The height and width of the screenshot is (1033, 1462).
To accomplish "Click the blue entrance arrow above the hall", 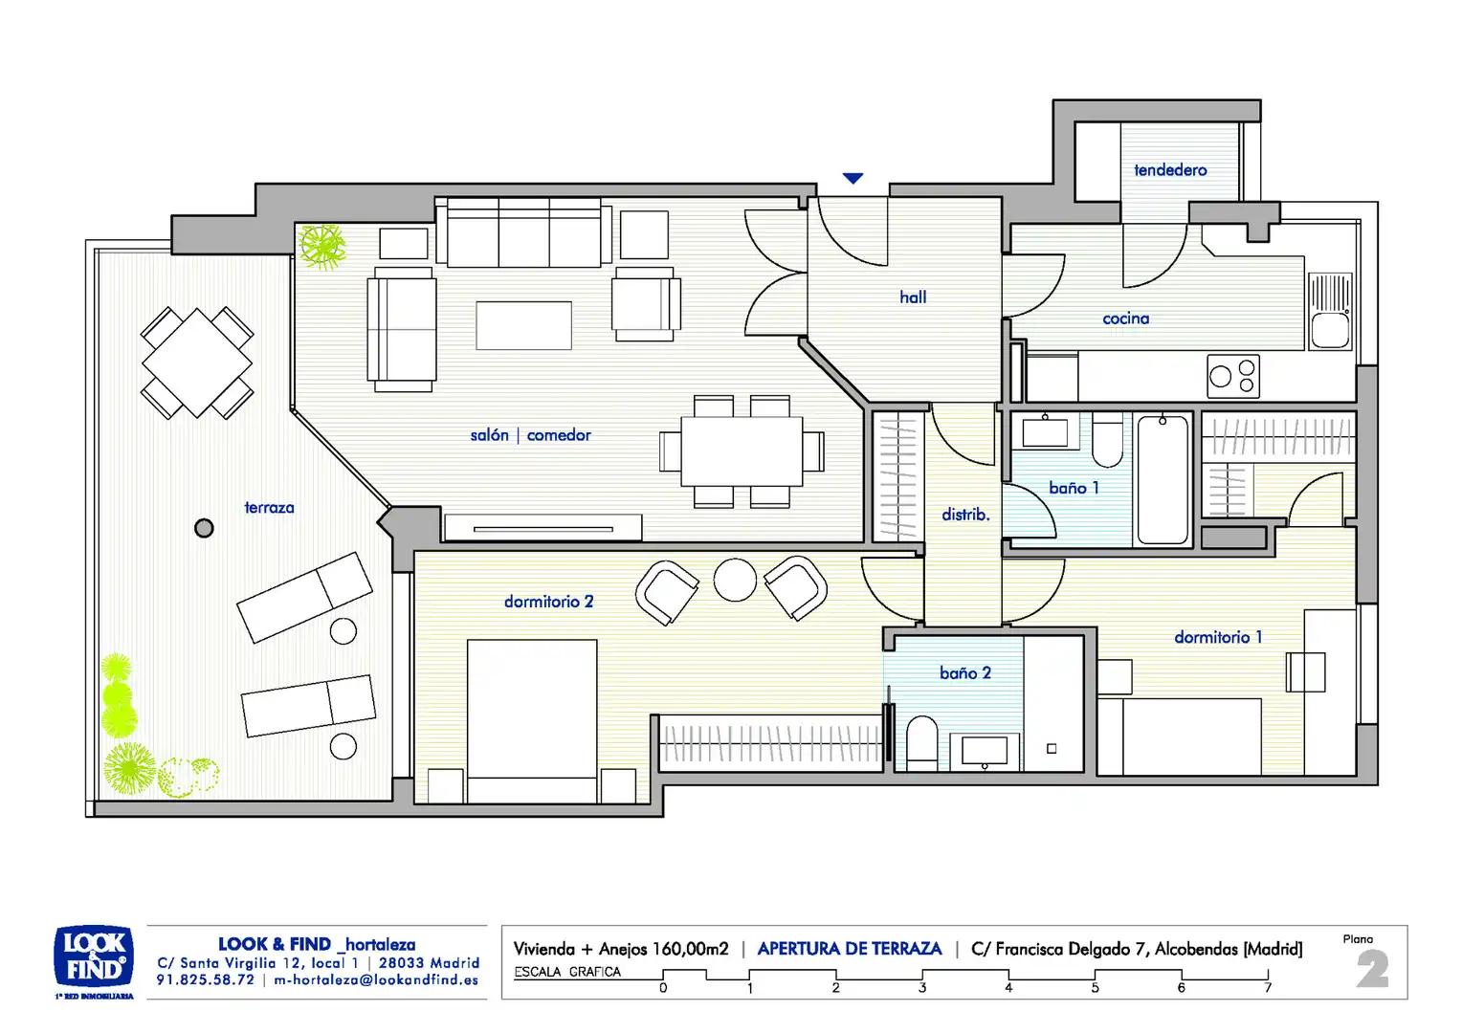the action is pyautogui.click(x=853, y=178).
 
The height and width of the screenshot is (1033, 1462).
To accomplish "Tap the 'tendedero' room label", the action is pyautogui.click(x=1170, y=170).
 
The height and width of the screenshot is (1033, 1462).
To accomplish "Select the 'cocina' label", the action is pyautogui.click(x=1126, y=319).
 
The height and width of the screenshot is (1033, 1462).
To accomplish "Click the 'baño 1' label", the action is pyautogui.click(x=1074, y=488).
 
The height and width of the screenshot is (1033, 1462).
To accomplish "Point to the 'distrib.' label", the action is pyautogui.click(x=965, y=515).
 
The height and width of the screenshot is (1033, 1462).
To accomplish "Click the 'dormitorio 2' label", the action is pyautogui.click(x=548, y=601).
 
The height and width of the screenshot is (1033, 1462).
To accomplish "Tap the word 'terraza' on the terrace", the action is pyautogui.click(x=269, y=507).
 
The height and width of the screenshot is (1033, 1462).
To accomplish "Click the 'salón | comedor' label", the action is pyautogui.click(x=531, y=434).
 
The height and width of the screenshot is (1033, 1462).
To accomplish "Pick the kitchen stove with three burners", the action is pyautogui.click(x=1233, y=376).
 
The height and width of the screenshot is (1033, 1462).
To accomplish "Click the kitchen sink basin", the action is pyautogui.click(x=1330, y=330).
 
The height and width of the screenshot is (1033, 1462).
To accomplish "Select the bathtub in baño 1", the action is pyautogui.click(x=1163, y=479).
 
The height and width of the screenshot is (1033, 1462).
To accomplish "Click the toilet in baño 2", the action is pyautogui.click(x=921, y=739).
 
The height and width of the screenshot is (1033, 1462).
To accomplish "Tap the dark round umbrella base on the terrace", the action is pyautogui.click(x=204, y=528).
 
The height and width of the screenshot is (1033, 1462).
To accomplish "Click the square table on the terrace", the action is pyautogui.click(x=197, y=363).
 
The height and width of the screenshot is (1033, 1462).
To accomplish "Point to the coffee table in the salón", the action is pyautogui.click(x=523, y=325).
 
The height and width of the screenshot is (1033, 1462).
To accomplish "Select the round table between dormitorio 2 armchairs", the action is pyautogui.click(x=735, y=580).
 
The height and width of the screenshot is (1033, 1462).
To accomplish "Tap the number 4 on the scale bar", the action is pyautogui.click(x=1008, y=988).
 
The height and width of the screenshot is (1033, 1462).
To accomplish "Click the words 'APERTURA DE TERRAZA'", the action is pyautogui.click(x=849, y=948).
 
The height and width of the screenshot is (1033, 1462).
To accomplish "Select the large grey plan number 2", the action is pyautogui.click(x=1372, y=969).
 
